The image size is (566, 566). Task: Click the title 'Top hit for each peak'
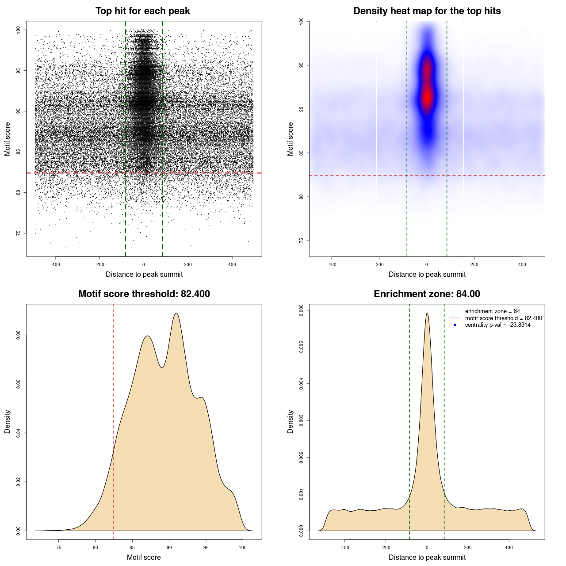click(x=142, y=11)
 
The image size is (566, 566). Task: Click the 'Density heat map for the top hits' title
click(x=427, y=11)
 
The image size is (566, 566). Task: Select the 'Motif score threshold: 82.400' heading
click(x=144, y=294)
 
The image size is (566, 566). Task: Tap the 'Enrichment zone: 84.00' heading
click(x=427, y=294)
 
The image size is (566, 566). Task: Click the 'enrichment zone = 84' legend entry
click(x=492, y=311)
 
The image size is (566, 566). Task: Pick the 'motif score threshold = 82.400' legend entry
click(x=503, y=318)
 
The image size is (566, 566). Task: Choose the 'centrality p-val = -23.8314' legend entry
click(x=497, y=325)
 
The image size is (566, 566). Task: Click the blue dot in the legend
click(x=455, y=325)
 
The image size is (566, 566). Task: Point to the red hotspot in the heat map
click(x=427, y=95)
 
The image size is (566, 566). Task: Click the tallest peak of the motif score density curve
click(x=176, y=313)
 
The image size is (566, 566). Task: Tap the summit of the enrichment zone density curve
click(x=427, y=313)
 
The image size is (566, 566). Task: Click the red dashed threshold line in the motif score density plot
click(x=113, y=420)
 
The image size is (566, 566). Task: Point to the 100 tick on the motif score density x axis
click(x=243, y=547)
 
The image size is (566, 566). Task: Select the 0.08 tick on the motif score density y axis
click(x=19, y=336)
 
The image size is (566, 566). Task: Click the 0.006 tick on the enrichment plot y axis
click(x=302, y=310)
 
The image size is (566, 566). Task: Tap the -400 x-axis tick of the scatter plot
click(x=55, y=264)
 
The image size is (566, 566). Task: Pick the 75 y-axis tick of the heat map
click(x=302, y=241)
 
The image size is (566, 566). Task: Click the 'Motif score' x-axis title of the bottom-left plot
click(x=144, y=557)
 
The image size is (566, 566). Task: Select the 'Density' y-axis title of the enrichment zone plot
click(x=291, y=421)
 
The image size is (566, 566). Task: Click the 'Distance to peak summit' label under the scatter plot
click(x=144, y=274)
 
